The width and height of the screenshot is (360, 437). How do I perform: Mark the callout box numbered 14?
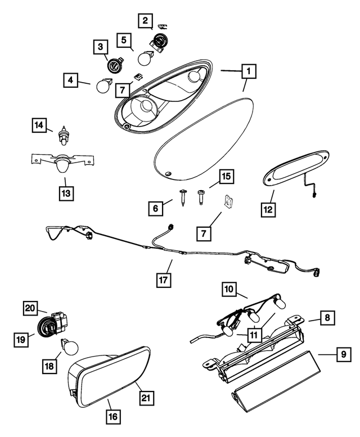tap(37, 127)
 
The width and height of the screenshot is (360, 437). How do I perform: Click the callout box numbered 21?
tap(145, 399)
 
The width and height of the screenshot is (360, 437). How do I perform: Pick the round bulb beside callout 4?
tap(103, 87)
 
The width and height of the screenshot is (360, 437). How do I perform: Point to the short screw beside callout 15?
tap(201, 196)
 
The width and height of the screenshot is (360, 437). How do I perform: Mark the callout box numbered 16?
tap(114, 417)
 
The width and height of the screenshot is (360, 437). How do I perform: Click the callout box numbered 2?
tap(145, 22)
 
